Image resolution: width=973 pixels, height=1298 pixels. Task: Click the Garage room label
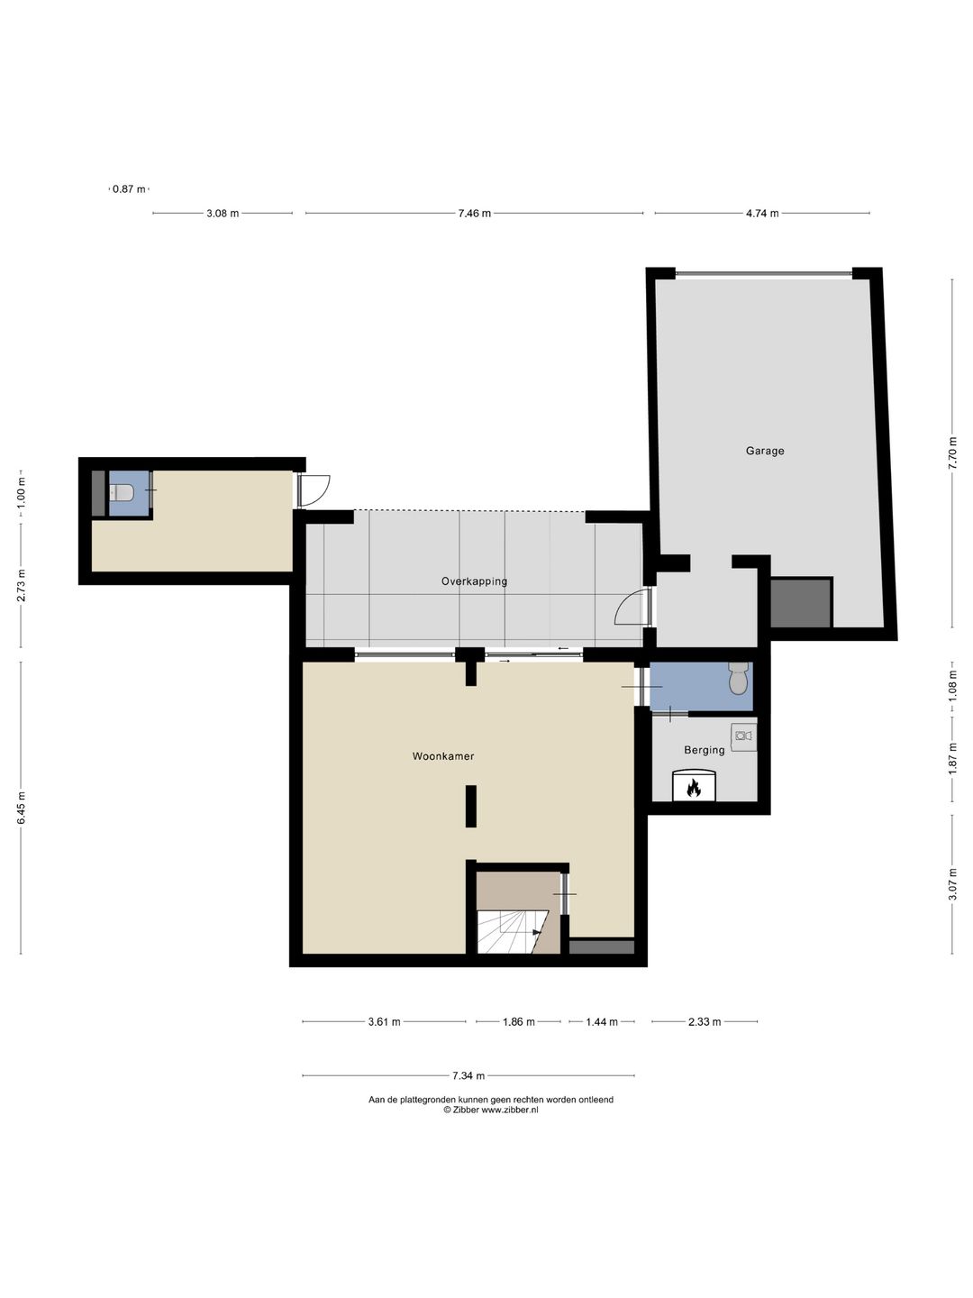(764, 451)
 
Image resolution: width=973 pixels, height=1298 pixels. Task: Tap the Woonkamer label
(443, 756)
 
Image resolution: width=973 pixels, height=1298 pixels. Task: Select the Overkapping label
(474, 581)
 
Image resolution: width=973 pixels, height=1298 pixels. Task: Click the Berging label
(704, 750)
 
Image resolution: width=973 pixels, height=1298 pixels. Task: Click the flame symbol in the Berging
(694, 787)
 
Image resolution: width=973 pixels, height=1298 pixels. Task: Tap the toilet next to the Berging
(739, 679)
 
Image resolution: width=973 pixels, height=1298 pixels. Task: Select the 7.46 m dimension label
(474, 214)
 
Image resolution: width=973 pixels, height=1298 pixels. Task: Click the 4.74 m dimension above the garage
(761, 214)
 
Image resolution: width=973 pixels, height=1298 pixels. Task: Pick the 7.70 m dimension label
(952, 452)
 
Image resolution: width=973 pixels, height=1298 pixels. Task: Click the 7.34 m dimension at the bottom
(468, 1075)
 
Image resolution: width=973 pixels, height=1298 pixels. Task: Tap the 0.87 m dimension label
(128, 189)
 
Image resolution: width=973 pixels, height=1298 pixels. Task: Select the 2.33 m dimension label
(704, 1022)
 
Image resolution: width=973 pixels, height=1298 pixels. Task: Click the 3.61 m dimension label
(384, 1022)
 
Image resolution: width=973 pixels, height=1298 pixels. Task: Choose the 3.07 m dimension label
(952, 883)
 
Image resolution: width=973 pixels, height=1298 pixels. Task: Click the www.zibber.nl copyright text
(490, 1111)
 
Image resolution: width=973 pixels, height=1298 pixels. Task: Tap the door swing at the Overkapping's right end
(633, 608)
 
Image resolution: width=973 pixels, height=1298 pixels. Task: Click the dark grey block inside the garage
(800, 603)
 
